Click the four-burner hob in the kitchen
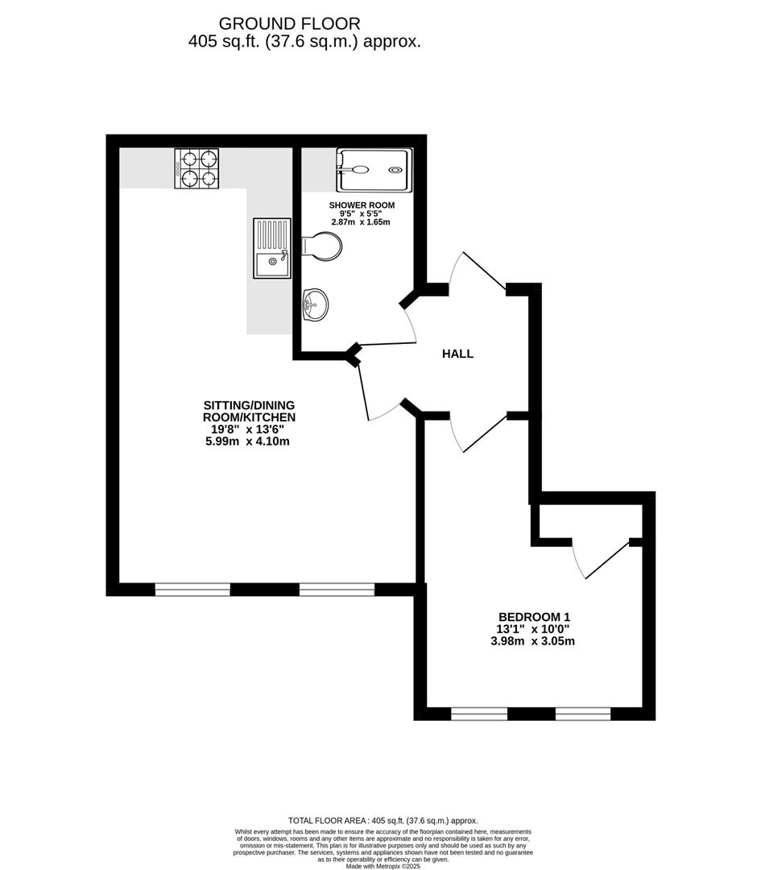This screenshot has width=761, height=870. click(197, 169)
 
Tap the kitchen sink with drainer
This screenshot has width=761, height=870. click(271, 248)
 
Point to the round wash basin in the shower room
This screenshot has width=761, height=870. click(315, 304)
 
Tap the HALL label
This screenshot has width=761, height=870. click(457, 354)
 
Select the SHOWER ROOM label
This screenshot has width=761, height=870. click(362, 205)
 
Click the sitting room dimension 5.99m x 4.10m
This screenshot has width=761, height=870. click(248, 441)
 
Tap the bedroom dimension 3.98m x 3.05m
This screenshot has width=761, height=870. click(532, 642)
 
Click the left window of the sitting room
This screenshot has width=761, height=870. click(192, 590)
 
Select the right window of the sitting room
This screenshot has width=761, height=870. click(337, 590)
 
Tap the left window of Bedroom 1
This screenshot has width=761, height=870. click(479, 714)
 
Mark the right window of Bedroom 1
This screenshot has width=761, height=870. click(583, 714)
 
